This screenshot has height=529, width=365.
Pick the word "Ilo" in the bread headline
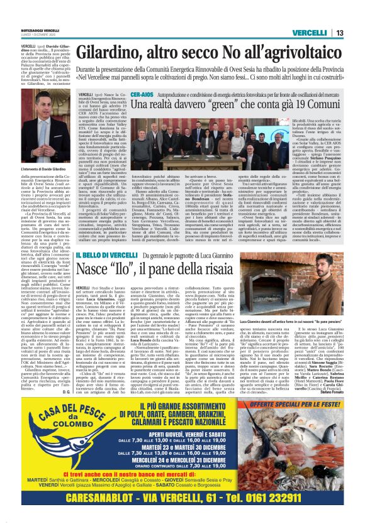pos(136,271)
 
